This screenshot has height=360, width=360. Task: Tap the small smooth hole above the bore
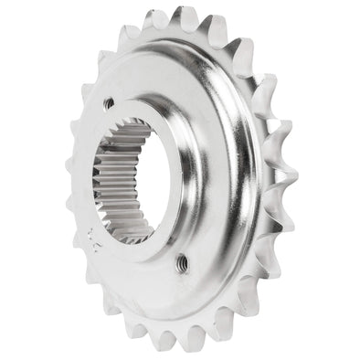point(109,103)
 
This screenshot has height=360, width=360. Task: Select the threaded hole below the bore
point(185,261)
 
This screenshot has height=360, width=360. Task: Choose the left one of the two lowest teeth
point(167,342)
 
